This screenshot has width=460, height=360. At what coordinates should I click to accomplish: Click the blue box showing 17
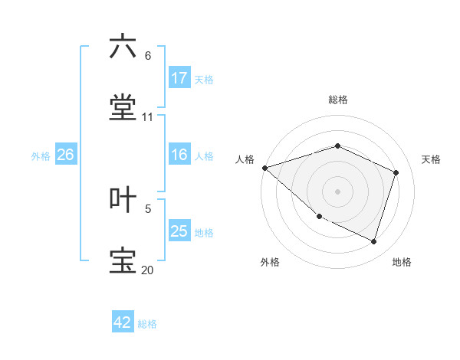179,78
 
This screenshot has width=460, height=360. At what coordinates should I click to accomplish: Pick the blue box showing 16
179,155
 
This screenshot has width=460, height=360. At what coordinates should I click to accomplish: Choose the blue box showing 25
179,231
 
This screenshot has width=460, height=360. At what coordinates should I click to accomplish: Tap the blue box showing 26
66,155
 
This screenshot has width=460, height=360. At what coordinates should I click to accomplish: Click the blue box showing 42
123,323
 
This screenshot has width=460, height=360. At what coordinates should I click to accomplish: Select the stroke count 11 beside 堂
148,117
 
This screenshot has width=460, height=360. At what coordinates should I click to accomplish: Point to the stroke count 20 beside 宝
148,270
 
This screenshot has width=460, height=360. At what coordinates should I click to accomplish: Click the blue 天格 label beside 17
204,79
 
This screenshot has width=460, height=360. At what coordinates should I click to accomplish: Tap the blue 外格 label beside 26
41,155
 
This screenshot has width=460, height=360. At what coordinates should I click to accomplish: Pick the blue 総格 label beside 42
147,324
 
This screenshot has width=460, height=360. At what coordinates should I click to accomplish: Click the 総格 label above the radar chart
338,100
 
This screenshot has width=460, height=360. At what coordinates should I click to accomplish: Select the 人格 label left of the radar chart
245,159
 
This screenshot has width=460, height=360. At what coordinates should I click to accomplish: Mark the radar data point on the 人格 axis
264,168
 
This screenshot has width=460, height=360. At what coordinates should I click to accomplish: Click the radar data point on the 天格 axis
396,172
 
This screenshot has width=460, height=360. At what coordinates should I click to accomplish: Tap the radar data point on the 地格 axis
374,241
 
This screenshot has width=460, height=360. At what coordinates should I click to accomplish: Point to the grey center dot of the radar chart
338,191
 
